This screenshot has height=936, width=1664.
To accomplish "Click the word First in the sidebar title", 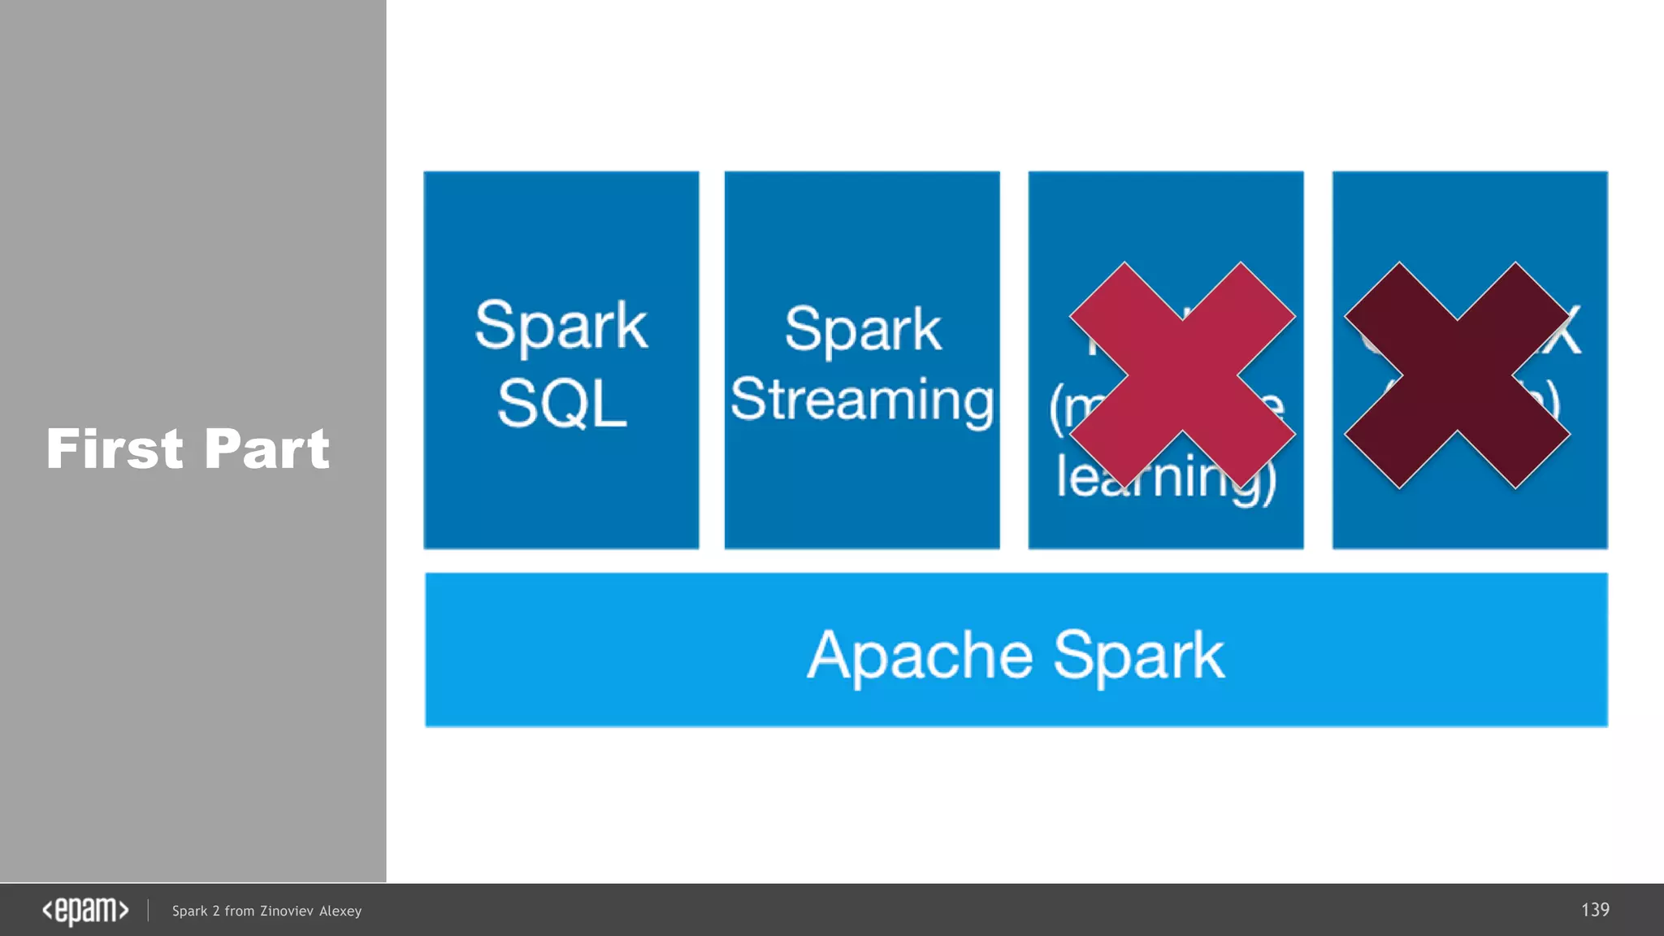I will [115, 449].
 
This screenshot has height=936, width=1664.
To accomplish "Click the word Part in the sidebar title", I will [266, 449].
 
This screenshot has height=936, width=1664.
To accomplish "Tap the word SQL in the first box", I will [561, 404].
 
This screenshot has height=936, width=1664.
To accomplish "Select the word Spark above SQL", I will [561, 326].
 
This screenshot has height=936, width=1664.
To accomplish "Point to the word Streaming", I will [861, 400].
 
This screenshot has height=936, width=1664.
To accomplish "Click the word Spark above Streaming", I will [863, 329].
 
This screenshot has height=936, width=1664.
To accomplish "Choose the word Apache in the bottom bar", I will [920, 655].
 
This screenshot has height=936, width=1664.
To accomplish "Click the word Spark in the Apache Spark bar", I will [1138, 655].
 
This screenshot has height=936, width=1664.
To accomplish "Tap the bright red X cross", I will [1182, 375].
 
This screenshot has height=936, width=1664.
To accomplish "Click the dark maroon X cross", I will [1457, 375].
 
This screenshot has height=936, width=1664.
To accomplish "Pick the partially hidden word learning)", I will [1166, 478].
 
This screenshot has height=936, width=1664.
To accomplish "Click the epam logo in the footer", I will [85, 911].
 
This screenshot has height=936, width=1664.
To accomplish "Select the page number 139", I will [1595, 910].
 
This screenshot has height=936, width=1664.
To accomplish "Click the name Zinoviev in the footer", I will [287, 912].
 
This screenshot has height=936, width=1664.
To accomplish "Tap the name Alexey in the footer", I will [340, 912].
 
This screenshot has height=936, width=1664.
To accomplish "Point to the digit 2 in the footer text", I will [216, 912].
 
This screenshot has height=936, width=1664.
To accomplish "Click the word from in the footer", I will [239, 912].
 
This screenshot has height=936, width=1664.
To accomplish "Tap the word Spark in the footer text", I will [190, 912].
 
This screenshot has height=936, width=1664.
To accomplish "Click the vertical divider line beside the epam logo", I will [148, 911].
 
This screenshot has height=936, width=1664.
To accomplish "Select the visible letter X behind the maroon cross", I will [1569, 331].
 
